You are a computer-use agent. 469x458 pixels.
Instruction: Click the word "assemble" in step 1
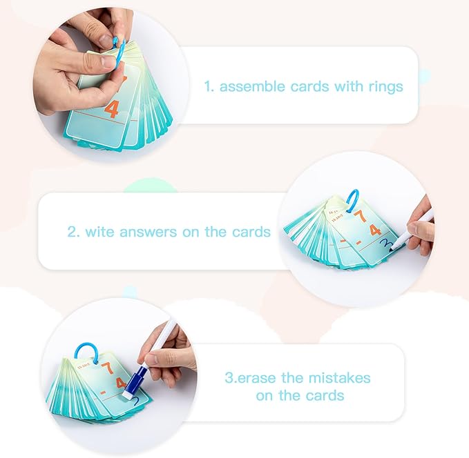tap(252, 87)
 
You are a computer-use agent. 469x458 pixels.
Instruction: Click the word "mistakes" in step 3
tap(339, 378)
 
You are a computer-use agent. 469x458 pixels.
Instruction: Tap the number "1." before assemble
tap(209, 87)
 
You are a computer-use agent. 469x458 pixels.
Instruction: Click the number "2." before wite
tap(74, 232)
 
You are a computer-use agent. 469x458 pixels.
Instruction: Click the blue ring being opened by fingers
tap(119, 53)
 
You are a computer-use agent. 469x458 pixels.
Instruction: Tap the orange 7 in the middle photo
tap(361, 216)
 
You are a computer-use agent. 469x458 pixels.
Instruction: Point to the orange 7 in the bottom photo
tap(108, 368)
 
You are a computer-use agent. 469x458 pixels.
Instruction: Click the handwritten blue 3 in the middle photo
tap(387, 244)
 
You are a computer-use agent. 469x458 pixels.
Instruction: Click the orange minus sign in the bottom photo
tap(104, 393)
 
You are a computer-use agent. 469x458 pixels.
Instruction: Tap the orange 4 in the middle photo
tap(375, 230)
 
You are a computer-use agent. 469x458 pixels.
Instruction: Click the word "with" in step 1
tap(347, 86)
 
